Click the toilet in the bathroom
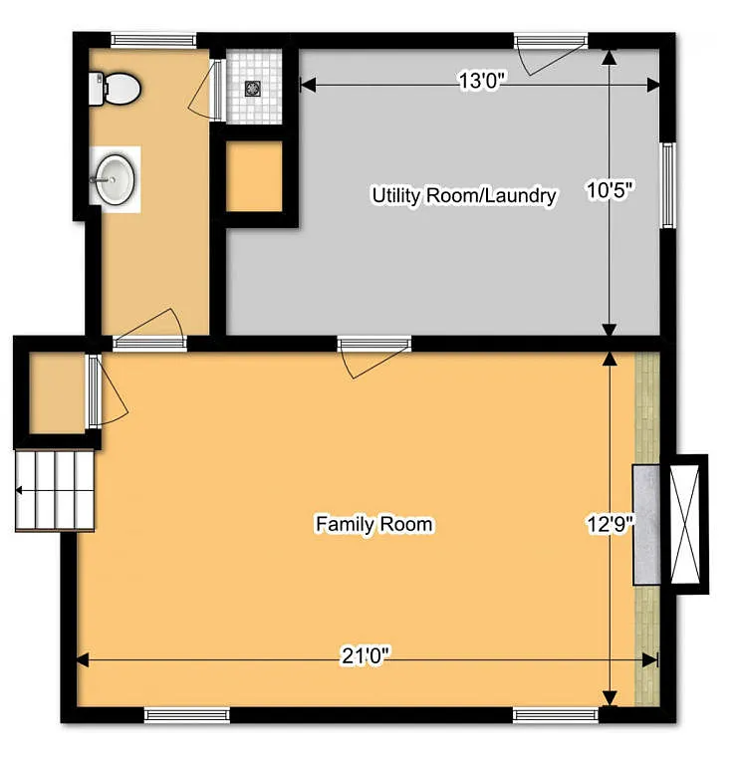tap(116, 89)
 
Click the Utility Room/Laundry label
tap(463, 195)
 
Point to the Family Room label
tap(374, 524)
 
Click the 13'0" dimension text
tap(483, 82)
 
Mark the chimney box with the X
tap(687, 524)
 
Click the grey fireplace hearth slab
tap(647, 524)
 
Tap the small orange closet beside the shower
tap(255, 177)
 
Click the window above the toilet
tap(152, 40)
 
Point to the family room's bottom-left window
tap(186, 713)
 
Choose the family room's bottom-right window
tap(555, 713)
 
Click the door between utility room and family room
tap(373, 345)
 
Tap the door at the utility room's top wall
tap(550, 42)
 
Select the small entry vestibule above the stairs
tap(55, 391)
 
